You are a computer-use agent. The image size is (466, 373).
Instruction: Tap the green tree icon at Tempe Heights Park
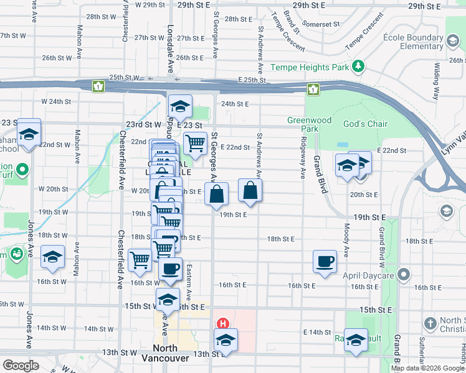[358, 66]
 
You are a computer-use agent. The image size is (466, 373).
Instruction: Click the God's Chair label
[365, 124]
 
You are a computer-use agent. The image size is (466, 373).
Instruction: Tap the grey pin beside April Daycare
[404, 274]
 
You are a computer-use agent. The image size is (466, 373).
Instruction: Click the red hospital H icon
[222, 324]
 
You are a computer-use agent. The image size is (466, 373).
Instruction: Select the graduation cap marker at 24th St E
[180, 107]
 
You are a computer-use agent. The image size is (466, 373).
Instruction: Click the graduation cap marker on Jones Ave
[53, 257]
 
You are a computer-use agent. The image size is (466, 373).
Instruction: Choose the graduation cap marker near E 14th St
[356, 339]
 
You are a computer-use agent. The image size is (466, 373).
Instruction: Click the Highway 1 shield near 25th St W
[98, 86]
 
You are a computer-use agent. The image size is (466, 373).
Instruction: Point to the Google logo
[21, 366]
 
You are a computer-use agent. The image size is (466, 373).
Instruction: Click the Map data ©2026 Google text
[427, 368]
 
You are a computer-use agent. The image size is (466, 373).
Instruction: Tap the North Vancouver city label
[165, 353]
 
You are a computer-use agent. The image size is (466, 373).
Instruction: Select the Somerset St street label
[327, 24]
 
